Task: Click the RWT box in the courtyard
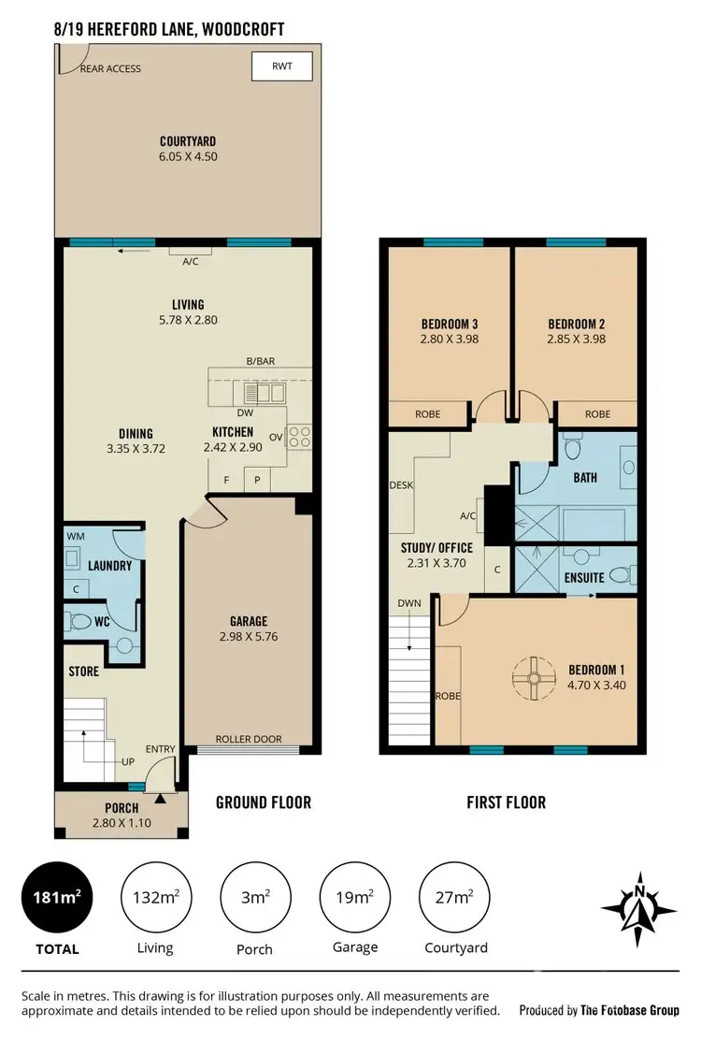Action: point(281,66)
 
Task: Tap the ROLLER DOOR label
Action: point(249,739)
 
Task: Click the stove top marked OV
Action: point(299,435)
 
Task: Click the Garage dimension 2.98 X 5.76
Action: point(249,637)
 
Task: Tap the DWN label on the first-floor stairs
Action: point(409,604)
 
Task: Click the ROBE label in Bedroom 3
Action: point(428,413)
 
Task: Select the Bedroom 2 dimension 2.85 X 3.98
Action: point(576,339)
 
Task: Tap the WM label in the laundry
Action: point(75,537)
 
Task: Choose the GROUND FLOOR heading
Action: point(264,802)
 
